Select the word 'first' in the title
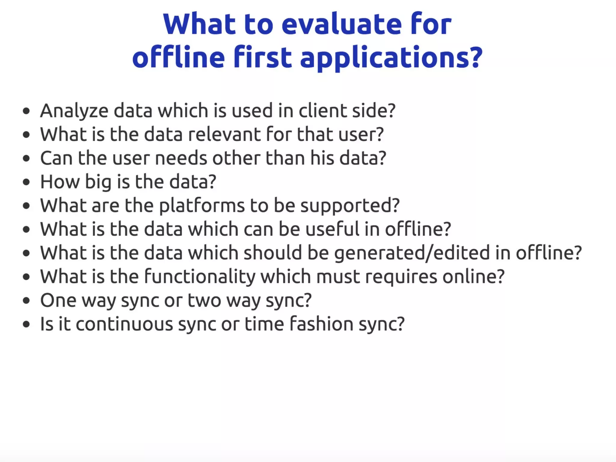pyautogui.click(x=262, y=57)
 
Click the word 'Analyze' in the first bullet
pyautogui.click(x=74, y=111)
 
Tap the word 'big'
pyautogui.click(x=98, y=182)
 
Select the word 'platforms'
pyautogui.click(x=202, y=206)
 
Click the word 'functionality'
pyautogui.click(x=200, y=277)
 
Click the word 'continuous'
pyautogui.click(x=124, y=324)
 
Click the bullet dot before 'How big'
pyautogui.click(x=26, y=182)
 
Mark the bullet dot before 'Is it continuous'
pyautogui.click(x=26, y=324)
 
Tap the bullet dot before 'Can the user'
pyautogui.click(x=26, y=158)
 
